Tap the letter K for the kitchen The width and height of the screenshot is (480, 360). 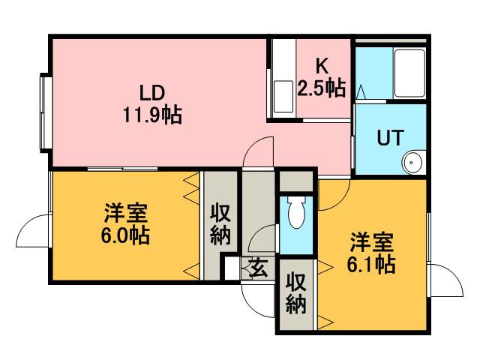click(x=322, y=65)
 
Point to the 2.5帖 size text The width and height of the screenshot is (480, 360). click(x=322, y=88)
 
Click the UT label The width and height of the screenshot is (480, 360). click(x=390, y=138)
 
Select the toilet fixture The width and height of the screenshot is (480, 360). click(x=296, y=214)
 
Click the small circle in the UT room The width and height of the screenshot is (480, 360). click(x=412, y=162)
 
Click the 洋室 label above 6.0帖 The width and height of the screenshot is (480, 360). click(x=125, y=212)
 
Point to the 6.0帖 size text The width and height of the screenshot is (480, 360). click(x=125, y=235)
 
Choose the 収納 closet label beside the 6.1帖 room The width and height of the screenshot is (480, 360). click(x=296, y=295)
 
